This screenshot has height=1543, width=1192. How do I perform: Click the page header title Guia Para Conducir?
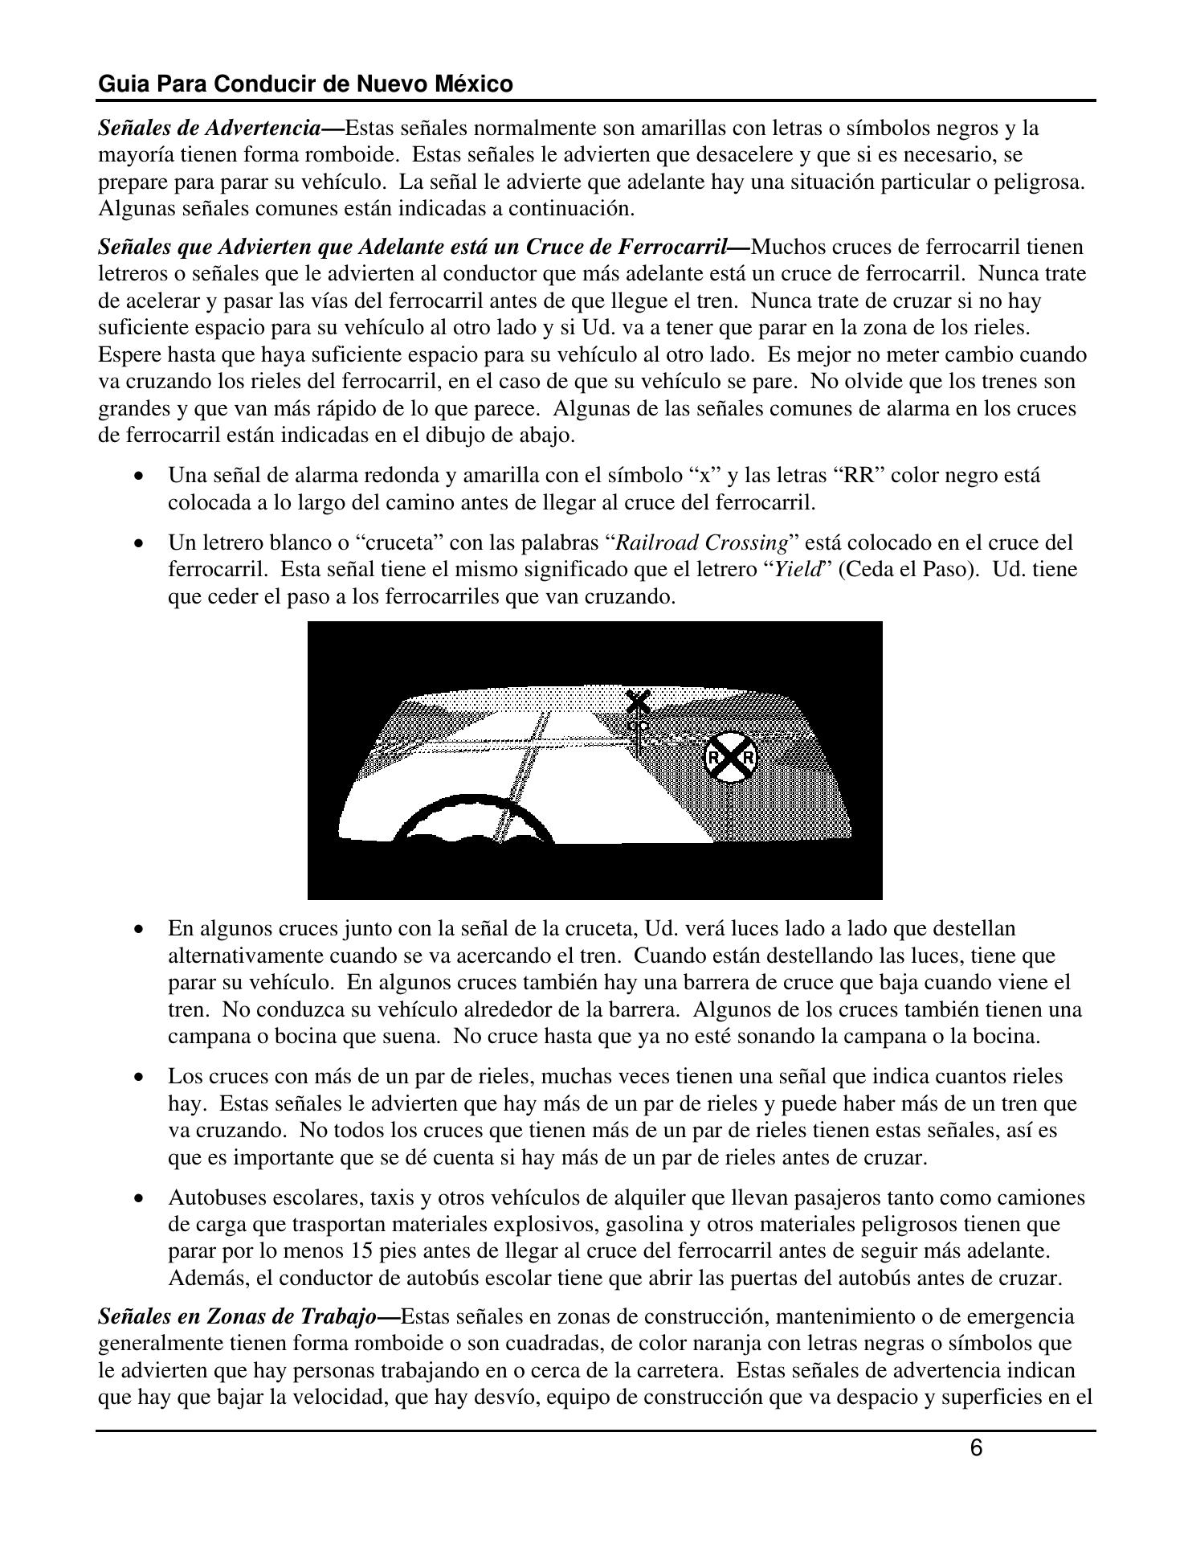(x=305, y=84)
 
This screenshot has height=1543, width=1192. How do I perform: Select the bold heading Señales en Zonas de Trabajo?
(x=238, y=1316)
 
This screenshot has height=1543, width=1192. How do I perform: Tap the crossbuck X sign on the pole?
(x=639, y=702)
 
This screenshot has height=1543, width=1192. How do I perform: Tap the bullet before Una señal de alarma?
(x=141, y=477)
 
